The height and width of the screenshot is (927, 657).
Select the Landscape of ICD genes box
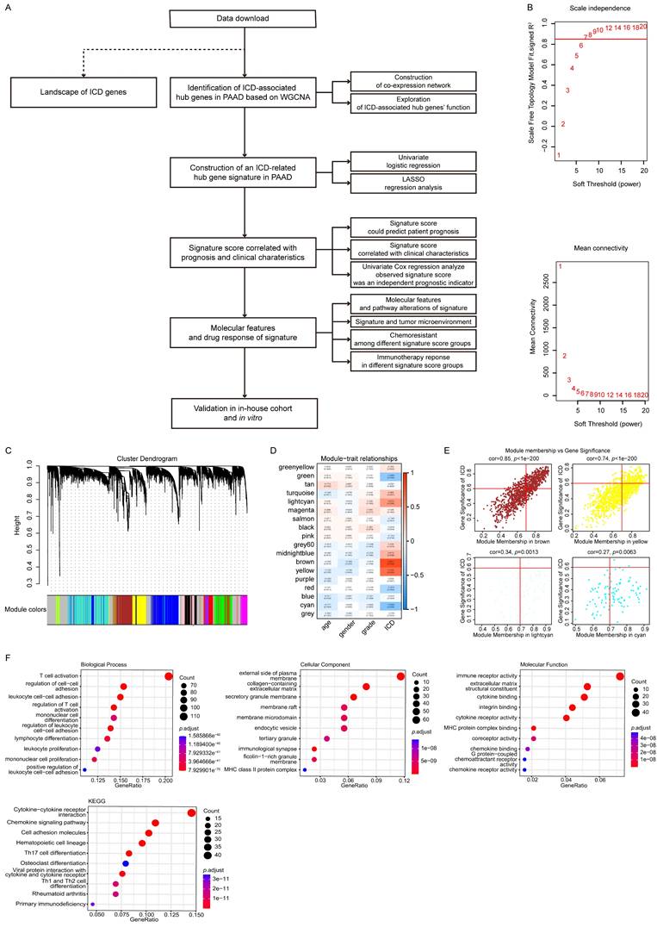(71, 88)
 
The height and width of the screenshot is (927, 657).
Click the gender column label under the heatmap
(346, 629)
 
